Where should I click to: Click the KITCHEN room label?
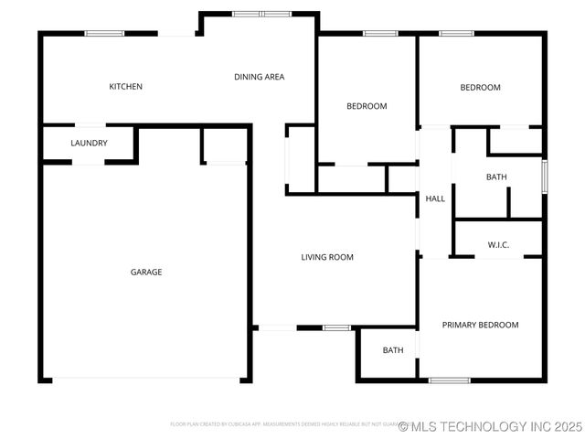(125, 87)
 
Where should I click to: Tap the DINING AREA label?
(259, 77)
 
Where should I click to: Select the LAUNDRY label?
(89, 144)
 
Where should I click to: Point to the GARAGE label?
(146, 272)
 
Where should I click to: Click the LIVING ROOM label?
(327, 257)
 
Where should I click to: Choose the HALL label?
(435, 198)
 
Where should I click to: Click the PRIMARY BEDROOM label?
(480, 325)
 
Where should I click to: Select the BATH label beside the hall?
(496, 177)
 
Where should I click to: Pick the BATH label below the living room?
(393, 350)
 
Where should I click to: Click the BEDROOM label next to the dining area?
(367, 106)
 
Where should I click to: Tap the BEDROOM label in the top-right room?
(480, 88)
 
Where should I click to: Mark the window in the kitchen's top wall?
(104, 34)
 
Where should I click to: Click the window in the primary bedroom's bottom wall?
(450, 380)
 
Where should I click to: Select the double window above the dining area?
(261, 14)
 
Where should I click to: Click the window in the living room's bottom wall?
(336, 327)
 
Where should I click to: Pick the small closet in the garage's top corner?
(224, 145)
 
